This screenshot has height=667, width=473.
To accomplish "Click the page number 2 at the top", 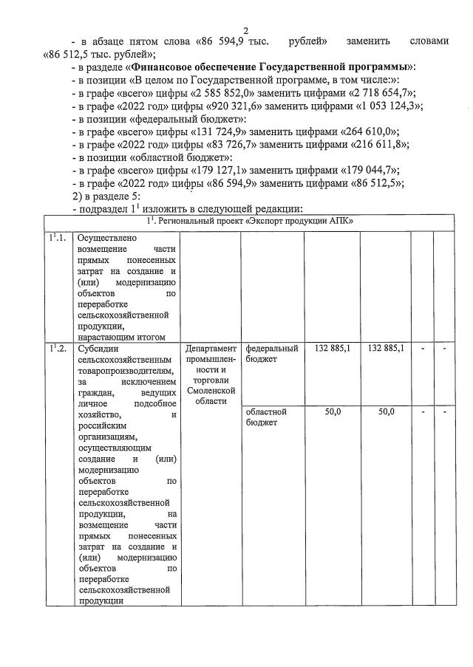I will (x=245, y=30).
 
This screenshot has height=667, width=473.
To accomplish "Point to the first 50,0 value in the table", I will (x=333, y=411).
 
